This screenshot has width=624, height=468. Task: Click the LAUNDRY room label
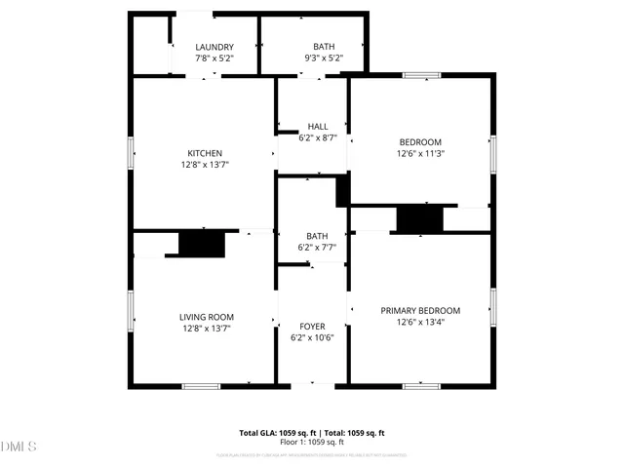tap(214, 47)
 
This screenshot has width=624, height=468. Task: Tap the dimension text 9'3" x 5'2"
tap(323, 59)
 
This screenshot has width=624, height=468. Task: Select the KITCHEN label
tap(205, 153)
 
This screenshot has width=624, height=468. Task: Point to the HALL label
tap(318, 126)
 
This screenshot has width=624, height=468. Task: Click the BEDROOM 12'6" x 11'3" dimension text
tap(420, 154)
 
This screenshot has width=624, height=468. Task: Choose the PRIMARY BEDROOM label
tap(420, 310)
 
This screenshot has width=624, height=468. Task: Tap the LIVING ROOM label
tap(206, 317)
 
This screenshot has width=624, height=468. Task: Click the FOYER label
tap(312, 326)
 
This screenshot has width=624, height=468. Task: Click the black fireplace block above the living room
tap(202, 244)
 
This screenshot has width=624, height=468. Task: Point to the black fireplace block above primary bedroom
tap(420, 218)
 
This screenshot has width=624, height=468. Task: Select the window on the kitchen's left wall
tap(132, 154)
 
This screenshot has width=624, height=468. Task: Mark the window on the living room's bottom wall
tap(201, 386)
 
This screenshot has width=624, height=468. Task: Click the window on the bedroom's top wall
tap(422, 75)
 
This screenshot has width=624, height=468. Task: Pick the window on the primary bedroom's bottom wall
tap(420, 386)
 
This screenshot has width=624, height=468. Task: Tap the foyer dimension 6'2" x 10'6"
tap(312, 338)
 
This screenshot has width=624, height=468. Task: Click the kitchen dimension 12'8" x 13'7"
tap(205, 165)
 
